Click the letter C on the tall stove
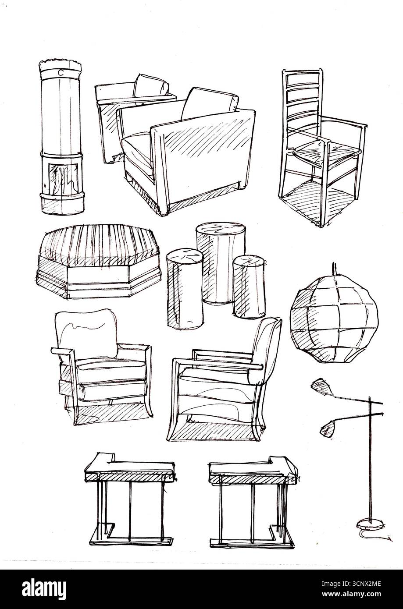point(61,73)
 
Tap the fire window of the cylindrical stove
point(63,177)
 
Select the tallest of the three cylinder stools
point(221,262)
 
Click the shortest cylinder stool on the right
point(249,287)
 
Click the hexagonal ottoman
point(99,261)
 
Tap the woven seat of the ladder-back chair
point(326,151)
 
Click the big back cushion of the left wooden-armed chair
point(86,333)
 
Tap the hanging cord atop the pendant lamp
point(334,269)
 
